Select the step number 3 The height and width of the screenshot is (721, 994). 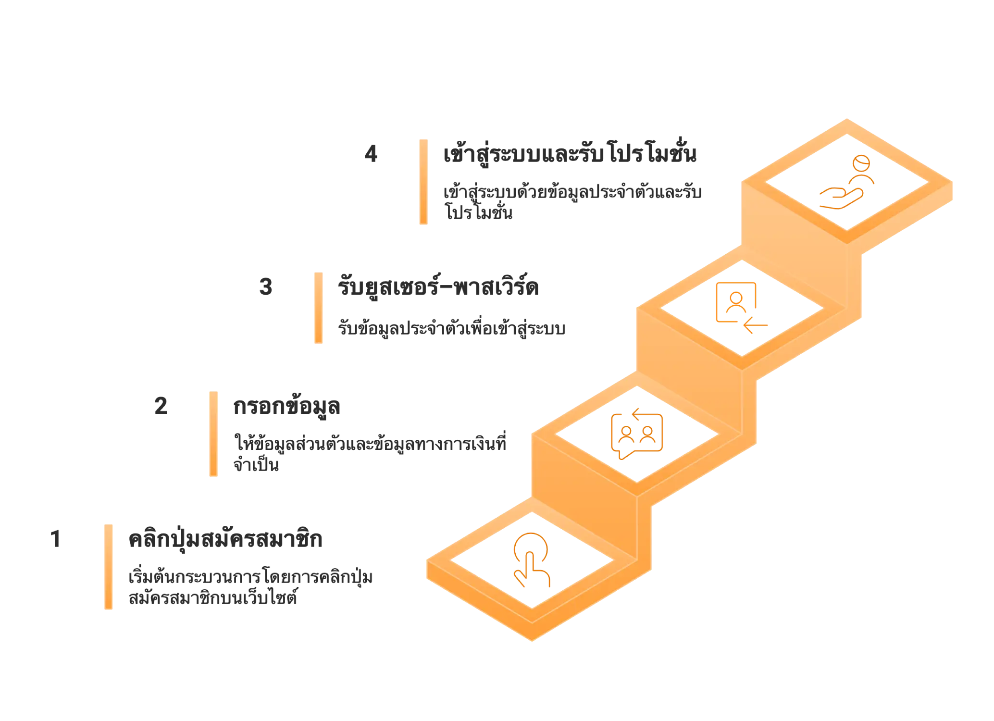[266, 287]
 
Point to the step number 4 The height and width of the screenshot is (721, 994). [372, 156]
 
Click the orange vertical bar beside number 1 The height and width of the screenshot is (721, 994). [110, 567]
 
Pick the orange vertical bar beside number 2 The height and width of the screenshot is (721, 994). [213, 433]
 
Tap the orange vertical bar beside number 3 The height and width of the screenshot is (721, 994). [317, 307]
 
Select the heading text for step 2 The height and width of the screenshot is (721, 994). [286, 407]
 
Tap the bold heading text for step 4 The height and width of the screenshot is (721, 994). [570, 155]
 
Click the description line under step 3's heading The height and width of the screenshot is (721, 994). [451, 328]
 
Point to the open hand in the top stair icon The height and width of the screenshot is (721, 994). [839, 198]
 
